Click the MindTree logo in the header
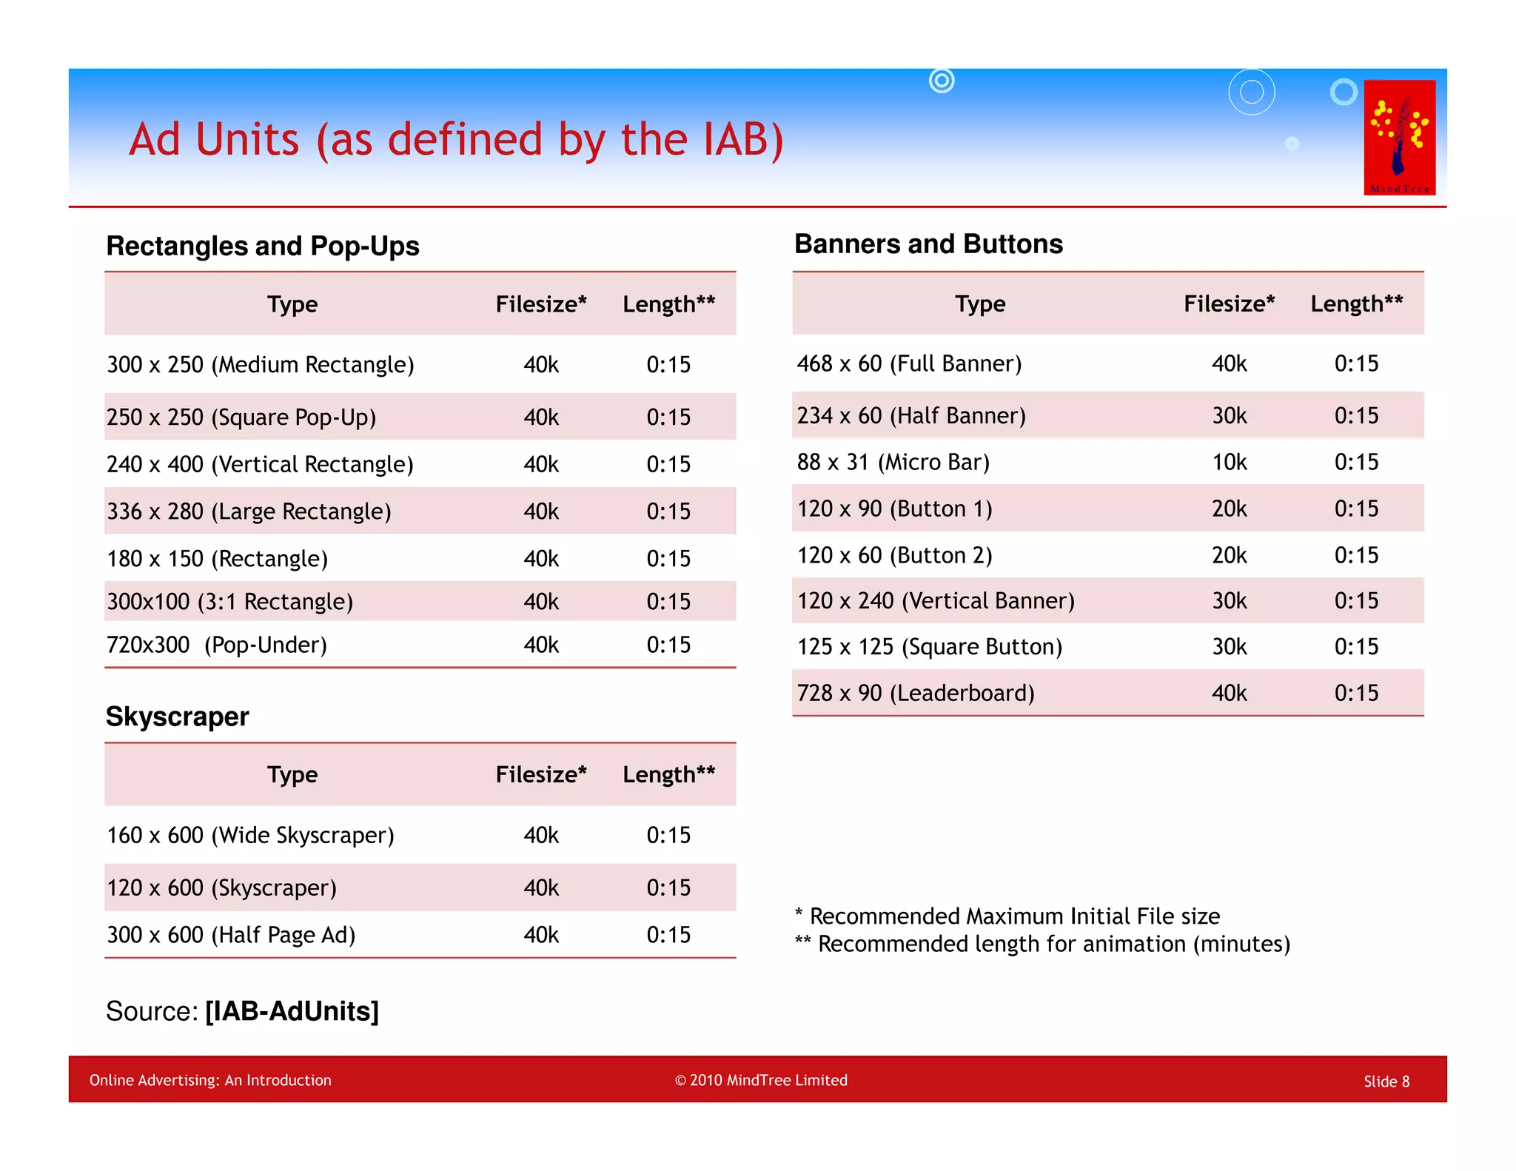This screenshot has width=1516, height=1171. [1399, 137]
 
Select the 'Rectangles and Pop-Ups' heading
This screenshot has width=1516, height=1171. [263, 246]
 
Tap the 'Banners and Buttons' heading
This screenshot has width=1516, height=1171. [928, 244]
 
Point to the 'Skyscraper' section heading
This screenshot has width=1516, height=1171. [178, 717]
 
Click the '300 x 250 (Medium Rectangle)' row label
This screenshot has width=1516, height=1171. [261, 364]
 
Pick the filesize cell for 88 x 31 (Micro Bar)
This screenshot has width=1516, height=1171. [1229, 462]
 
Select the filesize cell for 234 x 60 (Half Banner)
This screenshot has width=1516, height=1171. [1229, 415]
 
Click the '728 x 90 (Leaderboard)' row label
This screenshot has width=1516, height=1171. [916, 693]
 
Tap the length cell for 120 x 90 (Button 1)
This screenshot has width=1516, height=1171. [1356, 509]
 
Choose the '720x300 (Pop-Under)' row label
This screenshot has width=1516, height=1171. [217, 645]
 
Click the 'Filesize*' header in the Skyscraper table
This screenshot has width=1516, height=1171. [541, 774]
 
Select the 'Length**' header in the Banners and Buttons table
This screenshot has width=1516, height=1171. [1356, 303]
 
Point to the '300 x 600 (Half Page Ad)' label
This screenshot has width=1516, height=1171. [231, 935]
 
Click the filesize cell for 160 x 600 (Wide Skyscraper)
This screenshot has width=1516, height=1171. [541, 835]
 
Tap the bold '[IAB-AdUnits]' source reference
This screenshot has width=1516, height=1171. [292, 1011]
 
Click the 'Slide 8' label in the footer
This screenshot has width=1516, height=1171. [1386, 1081]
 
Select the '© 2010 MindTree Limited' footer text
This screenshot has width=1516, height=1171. [761, 1080]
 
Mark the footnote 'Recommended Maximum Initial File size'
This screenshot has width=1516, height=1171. [1014, 916]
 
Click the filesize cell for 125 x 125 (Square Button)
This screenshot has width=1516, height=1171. [1229, 646]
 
